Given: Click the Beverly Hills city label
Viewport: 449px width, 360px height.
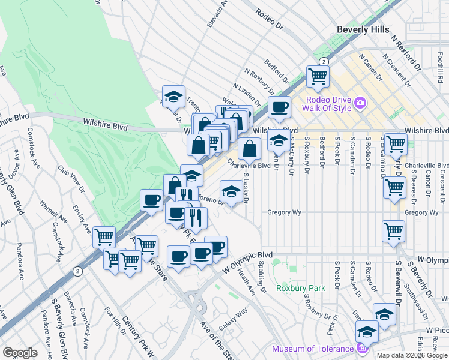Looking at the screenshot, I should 363,29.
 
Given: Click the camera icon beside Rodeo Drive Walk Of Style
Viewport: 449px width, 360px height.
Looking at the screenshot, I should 360,103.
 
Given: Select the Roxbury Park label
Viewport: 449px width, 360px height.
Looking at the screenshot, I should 300,288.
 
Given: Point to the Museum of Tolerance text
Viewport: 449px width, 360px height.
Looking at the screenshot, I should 312,349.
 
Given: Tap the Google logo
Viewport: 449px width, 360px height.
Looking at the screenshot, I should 20,353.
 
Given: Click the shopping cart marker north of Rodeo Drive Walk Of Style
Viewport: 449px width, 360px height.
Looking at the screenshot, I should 318,76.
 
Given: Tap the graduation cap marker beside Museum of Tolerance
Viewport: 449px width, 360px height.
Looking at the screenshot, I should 366,331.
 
